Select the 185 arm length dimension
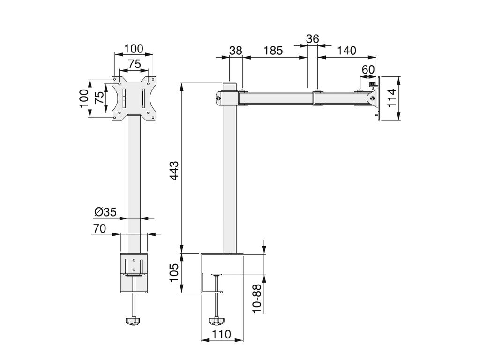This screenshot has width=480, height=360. pyautogui.click(x=273, y=51)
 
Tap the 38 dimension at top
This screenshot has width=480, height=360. pyautogui.click(x=236, y=51)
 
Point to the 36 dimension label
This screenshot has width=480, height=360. pyautogui.click(x=313, y=39)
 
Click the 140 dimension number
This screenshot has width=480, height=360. pyautogui.click(x=346, y=51)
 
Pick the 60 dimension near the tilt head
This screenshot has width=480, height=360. pyautogui.click(x=368, y=70)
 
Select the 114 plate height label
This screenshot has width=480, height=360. pyautogui.click(x=392, y=98)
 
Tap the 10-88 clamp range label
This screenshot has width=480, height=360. pyautogui.click(x=257, y=298)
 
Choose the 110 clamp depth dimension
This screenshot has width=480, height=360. pyautogui.click(x=221, y=334)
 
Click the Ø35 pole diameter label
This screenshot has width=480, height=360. pyautogui.click(x=105, y=212)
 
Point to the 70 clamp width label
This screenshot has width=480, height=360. pyautogui.click(x=99, y=228)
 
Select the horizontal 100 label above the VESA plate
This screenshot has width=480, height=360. pyautogui.click(x=134, y=49)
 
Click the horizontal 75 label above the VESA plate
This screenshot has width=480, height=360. pyautogui.click(x=134, y=64)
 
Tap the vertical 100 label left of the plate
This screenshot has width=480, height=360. pyautogui.click(x=84, y=98)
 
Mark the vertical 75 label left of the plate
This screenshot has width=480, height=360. pyautogui.click(x=99, y=98)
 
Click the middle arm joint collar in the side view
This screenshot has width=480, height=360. pyautogui.click(x=317, y=98)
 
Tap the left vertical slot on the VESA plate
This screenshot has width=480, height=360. pyautogui.click(x=124, y=98)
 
